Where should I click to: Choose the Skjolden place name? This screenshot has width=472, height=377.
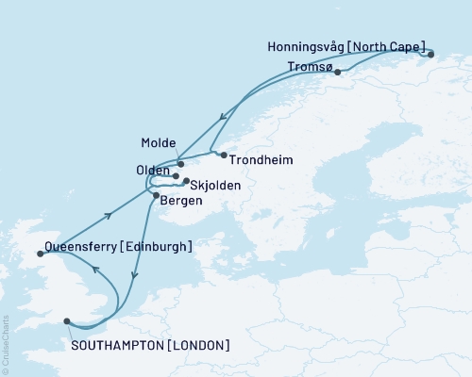click(x=214, y=186)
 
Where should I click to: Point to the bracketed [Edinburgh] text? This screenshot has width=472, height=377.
click(x=157, y=247)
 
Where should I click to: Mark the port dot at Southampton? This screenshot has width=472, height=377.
click(x=66, y=321)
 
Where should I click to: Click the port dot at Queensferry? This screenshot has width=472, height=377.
click(x=39, y=253)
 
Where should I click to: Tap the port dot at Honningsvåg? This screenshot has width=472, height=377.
click(x=430, y=55)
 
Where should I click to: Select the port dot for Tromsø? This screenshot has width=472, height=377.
click(x=337, y=73)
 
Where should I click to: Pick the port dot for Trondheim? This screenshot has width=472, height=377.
click(x=224, y=155)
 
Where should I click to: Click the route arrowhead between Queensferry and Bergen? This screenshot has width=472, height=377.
click(x=112, y=213)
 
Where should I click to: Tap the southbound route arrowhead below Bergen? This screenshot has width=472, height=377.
click(x=137, y=275)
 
